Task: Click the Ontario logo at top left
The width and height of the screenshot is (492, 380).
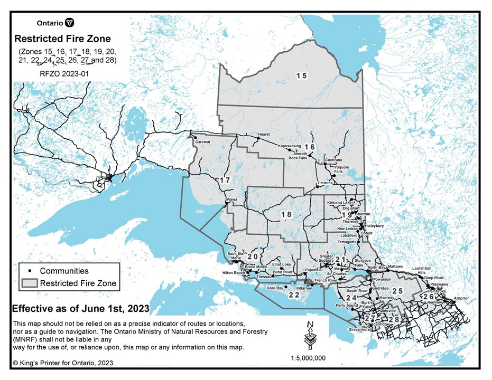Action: tap(55, 23)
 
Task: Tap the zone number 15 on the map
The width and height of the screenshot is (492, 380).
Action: tap(301, 76)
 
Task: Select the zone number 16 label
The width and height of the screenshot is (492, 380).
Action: tap(309, 147)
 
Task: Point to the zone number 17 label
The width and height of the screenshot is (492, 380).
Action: tap(225, 180)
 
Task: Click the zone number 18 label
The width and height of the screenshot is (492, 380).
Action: tap(286, 214)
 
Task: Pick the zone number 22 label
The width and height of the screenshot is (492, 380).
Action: tap(293, 295)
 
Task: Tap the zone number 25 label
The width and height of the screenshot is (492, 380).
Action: tap(397, 291)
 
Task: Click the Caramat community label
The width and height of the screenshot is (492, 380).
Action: tap(203, 142)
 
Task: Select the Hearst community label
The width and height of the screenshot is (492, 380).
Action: tap(264, 135)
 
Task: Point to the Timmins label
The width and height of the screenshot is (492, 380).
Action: tap(324, 183)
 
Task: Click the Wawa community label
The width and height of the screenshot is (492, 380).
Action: tap(231, 199)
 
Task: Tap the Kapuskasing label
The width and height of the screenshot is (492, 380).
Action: tap(289, 146)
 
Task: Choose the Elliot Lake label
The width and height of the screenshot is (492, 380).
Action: tap(281, 264)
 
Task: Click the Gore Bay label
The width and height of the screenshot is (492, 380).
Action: tap(275, 288)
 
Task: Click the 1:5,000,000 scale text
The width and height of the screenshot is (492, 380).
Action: tap(308, 358)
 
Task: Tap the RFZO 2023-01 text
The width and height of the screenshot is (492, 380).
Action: tap(64, 74)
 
